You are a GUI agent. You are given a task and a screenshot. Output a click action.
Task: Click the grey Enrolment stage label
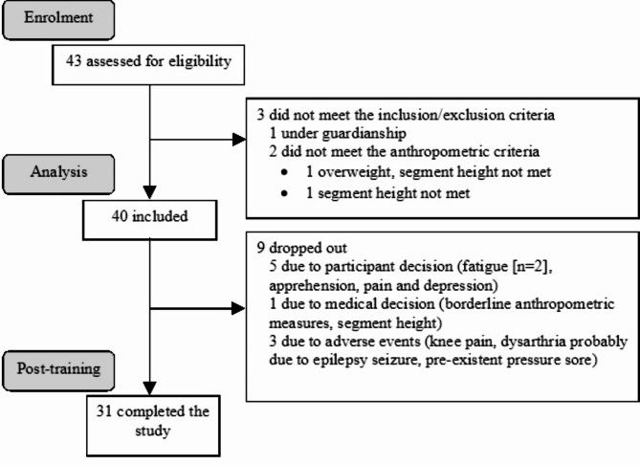click(x=58, y=20)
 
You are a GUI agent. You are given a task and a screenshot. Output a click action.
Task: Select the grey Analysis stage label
click(x=58, y=174)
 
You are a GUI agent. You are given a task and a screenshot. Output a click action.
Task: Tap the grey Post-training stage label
click(x=58, y=371)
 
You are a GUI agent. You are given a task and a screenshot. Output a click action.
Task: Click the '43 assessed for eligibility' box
click(x=148, y=65)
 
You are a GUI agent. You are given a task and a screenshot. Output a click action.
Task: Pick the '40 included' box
click(x=150, y=220)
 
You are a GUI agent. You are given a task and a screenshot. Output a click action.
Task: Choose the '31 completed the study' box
click(x=153, y=426)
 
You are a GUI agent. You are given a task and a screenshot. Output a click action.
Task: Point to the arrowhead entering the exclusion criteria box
click(x=239, y=140)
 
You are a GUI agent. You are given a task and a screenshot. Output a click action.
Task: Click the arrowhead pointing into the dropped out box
click(x=239, y=309)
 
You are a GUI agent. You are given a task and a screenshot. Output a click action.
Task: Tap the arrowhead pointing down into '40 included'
click(x=150, y=192)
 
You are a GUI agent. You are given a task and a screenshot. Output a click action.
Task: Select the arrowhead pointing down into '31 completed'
click(x=150, y=387)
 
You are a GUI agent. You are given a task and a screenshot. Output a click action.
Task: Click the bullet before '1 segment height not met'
click(x=284, y=193)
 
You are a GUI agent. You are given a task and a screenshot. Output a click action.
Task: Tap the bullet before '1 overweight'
click(x=284, y=172)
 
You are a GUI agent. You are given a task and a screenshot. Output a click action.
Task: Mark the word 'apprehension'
click(x=314, y=286)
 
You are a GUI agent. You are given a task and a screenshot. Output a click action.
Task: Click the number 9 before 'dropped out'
click(x=260, y=248)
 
